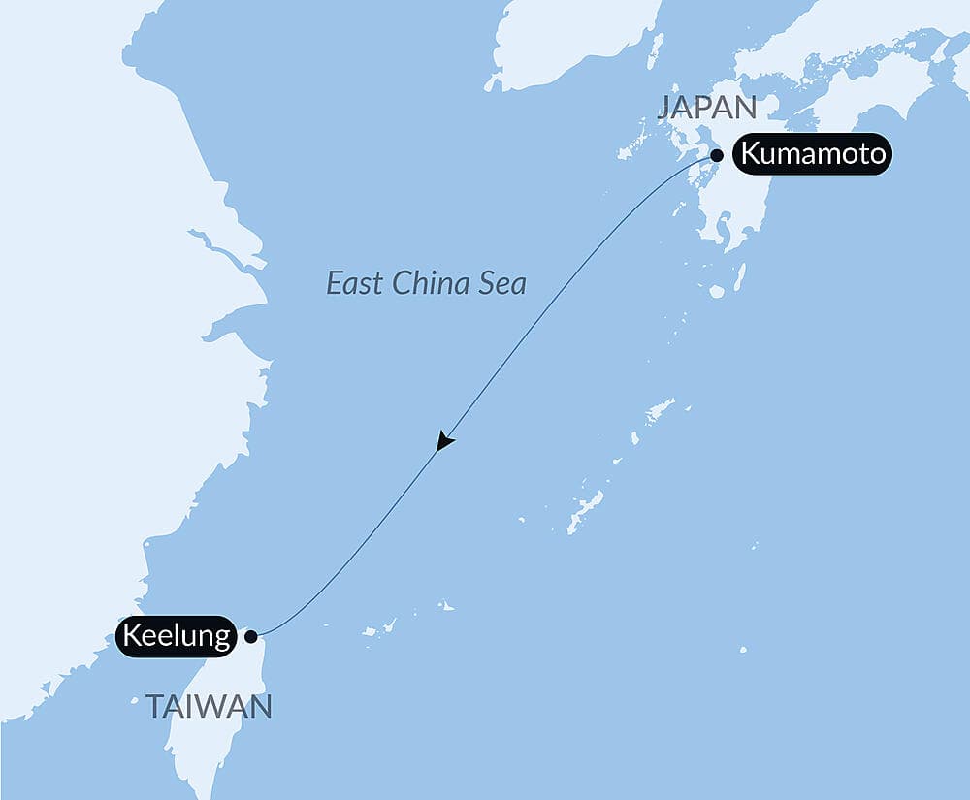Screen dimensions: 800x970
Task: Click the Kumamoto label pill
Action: [811, 154]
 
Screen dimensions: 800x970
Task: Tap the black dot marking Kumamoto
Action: [717, 155]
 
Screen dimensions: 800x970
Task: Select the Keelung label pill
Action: [177, 637]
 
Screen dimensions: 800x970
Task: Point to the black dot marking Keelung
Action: [251, 637]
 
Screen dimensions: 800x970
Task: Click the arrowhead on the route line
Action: [444, 441]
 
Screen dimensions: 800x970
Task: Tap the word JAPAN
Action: [705, 107]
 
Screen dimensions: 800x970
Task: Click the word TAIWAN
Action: [209, 707]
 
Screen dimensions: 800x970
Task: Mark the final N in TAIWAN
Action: [260, 707]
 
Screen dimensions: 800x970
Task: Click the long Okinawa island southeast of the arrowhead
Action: [586, 511]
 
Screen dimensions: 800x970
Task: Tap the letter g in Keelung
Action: [222, 640]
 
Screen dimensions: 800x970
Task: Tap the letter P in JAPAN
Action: [707, 107]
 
